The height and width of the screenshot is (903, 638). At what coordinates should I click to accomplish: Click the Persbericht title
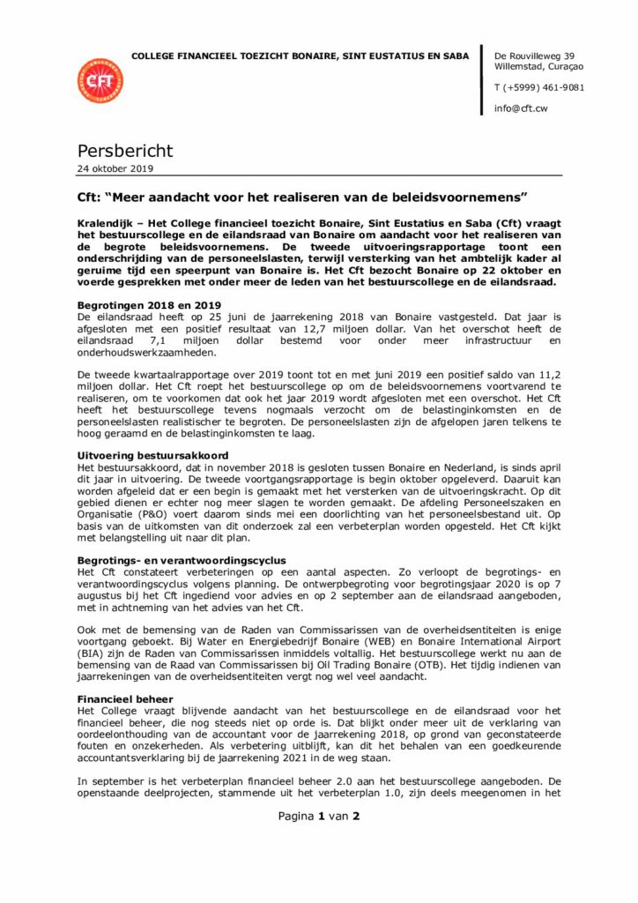[x=124, y=151]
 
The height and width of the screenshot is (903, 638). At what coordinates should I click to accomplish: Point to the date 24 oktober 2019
[x=115, y=168]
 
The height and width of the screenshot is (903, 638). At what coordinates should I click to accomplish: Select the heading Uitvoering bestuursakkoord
[x=149, y=454]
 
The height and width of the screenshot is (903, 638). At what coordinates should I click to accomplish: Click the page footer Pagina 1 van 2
[x=319, y=816]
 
